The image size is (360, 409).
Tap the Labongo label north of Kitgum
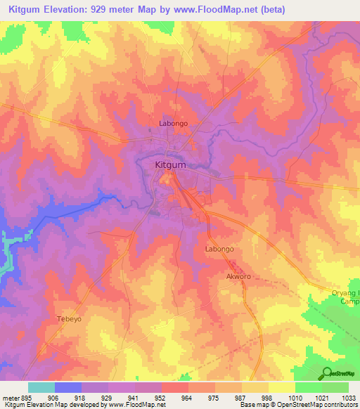tap(173, 124)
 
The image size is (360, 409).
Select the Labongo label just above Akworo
tap(219, 249)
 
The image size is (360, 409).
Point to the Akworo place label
tap(238, 276)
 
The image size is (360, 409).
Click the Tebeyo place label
tap(70, 318)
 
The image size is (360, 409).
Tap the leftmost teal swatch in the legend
tap(41, 387)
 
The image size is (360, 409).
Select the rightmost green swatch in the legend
tap(335, 387)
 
